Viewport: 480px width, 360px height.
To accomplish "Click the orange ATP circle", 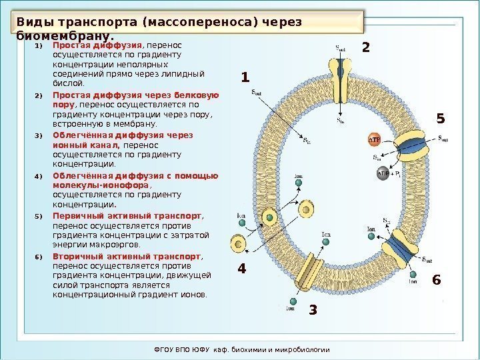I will click(x=375, y=141).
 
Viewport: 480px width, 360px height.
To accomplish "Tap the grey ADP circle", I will click(x=383, y=174).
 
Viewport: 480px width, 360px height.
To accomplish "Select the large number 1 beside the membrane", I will click(x=245, y=78).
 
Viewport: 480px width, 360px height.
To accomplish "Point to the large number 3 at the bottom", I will click(x=313, y=311).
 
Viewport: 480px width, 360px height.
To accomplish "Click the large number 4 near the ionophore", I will click(x=242, y=270).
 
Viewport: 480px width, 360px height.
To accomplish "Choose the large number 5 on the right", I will click(x=439, y=119).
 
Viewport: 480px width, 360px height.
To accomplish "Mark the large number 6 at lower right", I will click(x=437, y=280).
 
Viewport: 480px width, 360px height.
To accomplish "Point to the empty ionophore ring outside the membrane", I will click(x=237, y=244).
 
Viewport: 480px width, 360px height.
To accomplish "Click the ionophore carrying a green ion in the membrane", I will click(x=269, y=217).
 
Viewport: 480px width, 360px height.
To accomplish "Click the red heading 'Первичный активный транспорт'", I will click(x=127, y=216).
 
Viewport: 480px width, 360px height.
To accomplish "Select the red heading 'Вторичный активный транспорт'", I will click(x=127, y=256).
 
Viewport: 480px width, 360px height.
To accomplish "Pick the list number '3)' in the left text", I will click(x=38, y=136).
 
